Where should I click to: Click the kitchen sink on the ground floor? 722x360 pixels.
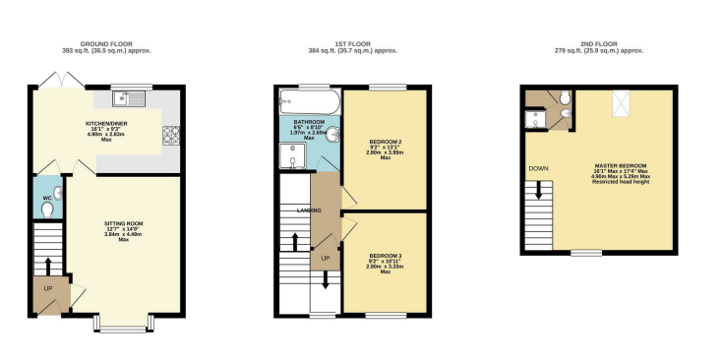(x=129, y=97)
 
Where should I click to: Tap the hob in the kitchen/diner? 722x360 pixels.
(x=168, y=135)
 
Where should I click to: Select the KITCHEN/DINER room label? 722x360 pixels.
(x=106, y=123)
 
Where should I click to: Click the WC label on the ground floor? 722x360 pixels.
(x=46, y=198)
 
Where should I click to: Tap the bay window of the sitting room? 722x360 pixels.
(x=124, y=321)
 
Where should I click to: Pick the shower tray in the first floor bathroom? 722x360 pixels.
(x=293, y=153)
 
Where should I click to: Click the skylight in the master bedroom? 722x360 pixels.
(x=623, y=101)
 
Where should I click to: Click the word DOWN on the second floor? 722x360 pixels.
(x=538, y=168)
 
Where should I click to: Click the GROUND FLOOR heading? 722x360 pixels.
(x=106, y=44)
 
